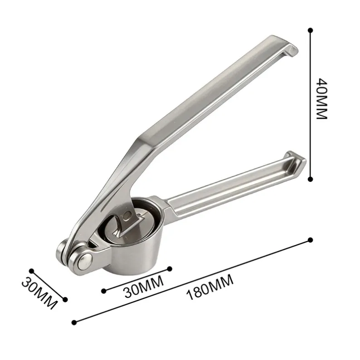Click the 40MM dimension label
(x=321, y=99)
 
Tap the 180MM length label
(x=210, y=287)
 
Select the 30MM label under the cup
(x=144, y=287)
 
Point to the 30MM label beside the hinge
(x=39, y=293)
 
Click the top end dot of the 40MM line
(x=311, y=30)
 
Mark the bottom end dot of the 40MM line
(x=311, y=179)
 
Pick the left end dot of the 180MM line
(x=74, y=322)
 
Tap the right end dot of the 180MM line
(x=311, y=240)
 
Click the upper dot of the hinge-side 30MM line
(x=32, y=271)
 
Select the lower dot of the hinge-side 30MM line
(x=65, y=299)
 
